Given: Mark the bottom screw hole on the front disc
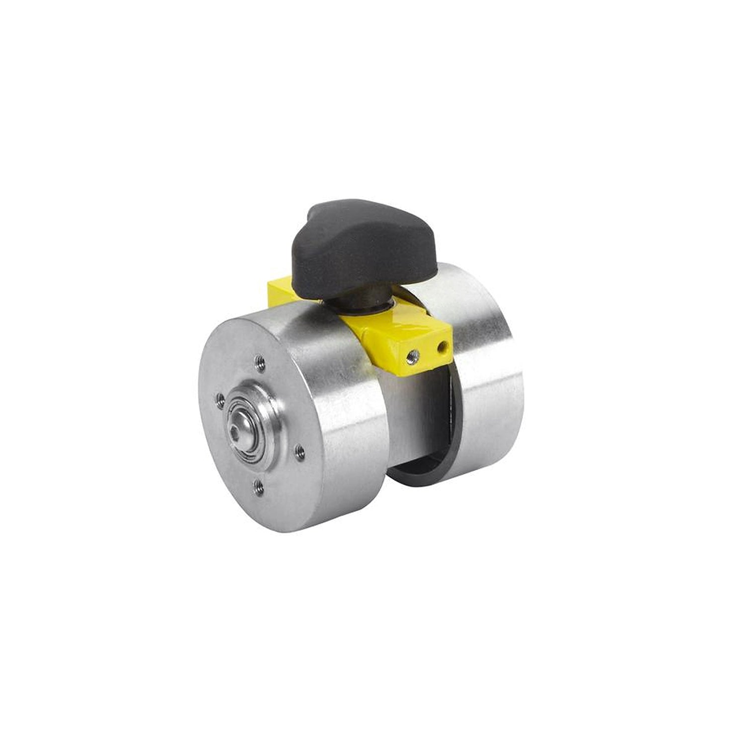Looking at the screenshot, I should (x=259, y=488).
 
